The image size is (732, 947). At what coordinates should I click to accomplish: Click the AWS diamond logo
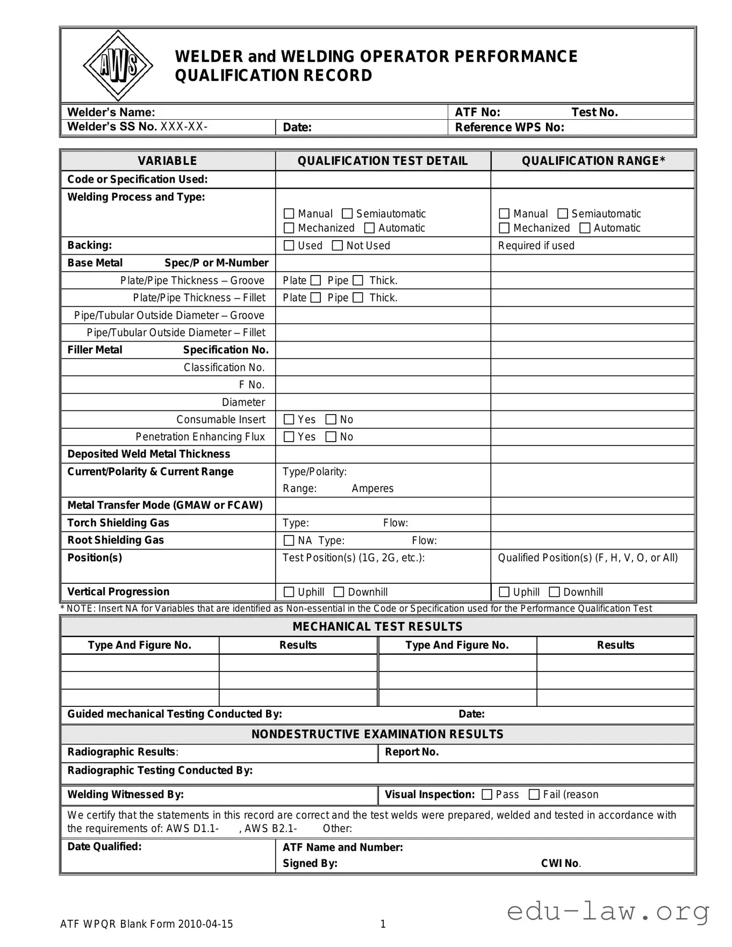click(x=118, y=66)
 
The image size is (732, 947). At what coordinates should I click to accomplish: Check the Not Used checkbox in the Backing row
click(x=338, y=245)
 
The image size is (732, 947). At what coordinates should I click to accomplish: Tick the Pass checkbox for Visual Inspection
click(x=487, y=794)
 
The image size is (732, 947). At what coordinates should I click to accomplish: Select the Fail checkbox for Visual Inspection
click(x=534, y=794)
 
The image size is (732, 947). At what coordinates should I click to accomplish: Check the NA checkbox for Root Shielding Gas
click(x=289, y=540)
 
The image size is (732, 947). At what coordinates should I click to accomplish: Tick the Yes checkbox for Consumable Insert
click(x=289, y=420)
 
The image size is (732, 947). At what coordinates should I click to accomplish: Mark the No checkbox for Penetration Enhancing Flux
click(x=331, y=437)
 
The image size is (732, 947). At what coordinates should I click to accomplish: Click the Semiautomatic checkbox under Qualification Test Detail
click(x=347, y=214)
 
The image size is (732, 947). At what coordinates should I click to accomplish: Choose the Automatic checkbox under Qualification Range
click(x=585, y=228)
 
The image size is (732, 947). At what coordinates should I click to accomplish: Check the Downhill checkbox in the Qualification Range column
click(x=554, y=592)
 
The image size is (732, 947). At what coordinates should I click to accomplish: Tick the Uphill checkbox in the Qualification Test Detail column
click(x=289, y=592)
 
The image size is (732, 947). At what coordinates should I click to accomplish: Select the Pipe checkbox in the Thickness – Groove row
click(x=358, y=280)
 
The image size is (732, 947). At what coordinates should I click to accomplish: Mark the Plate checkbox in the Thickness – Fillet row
click(x=315, y=298)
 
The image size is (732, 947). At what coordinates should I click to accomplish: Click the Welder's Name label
click(x=111, y=112)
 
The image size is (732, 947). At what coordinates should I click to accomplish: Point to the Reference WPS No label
click(x=509, y=127)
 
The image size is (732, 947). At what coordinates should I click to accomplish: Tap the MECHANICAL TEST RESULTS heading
click(x=377, y=626)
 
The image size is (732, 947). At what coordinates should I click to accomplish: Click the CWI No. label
click(x=561, y=863)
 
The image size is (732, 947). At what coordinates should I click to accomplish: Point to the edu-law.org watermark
click(x=608, y=911)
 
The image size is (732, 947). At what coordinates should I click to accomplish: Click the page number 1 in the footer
click(x=383, y=924)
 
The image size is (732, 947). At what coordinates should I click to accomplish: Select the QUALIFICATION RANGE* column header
click(x=593, y=161)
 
